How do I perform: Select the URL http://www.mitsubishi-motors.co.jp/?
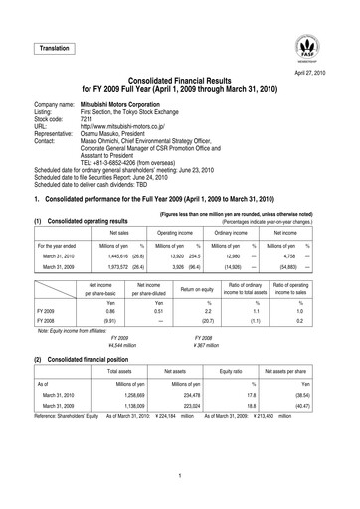coord(134,135)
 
